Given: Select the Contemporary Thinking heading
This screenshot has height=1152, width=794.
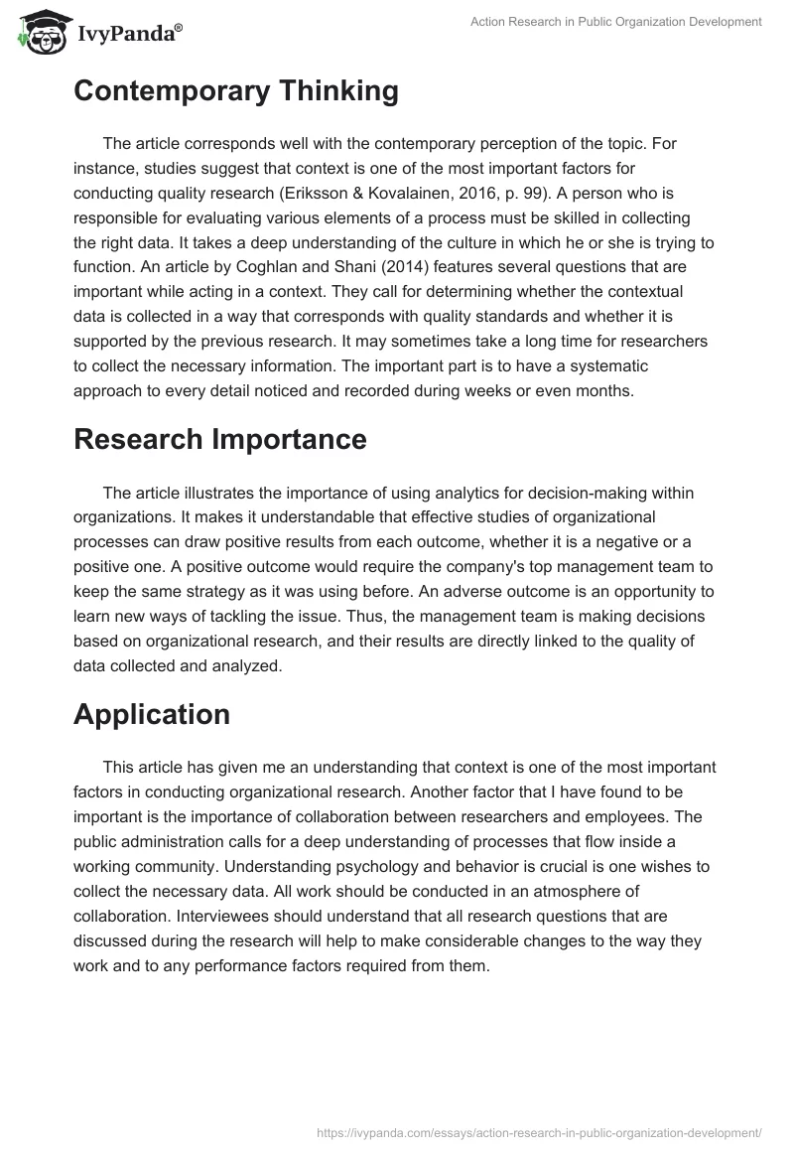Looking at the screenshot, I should point(236,91).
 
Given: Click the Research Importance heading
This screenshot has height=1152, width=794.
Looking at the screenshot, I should point(220,439).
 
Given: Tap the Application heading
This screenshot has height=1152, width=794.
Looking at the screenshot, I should point(152,713).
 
